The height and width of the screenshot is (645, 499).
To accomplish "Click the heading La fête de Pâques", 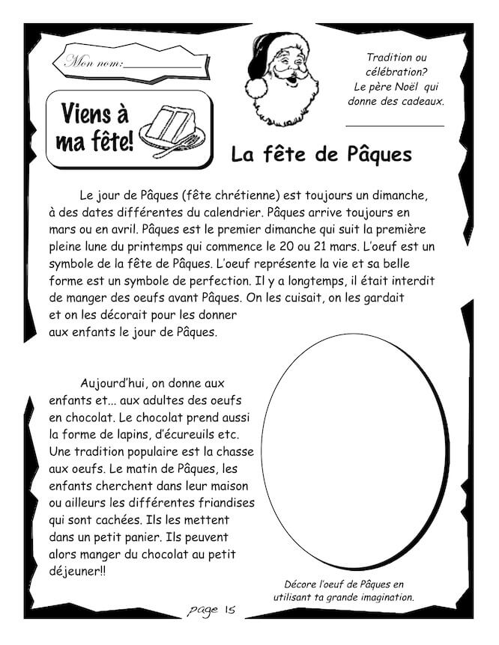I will [x=321, y=154].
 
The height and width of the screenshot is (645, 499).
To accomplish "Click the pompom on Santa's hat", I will [x=257, y=88].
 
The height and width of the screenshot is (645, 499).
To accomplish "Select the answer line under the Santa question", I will [x=394, y=125].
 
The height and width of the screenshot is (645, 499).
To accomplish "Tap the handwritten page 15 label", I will [x=214, y=610].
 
